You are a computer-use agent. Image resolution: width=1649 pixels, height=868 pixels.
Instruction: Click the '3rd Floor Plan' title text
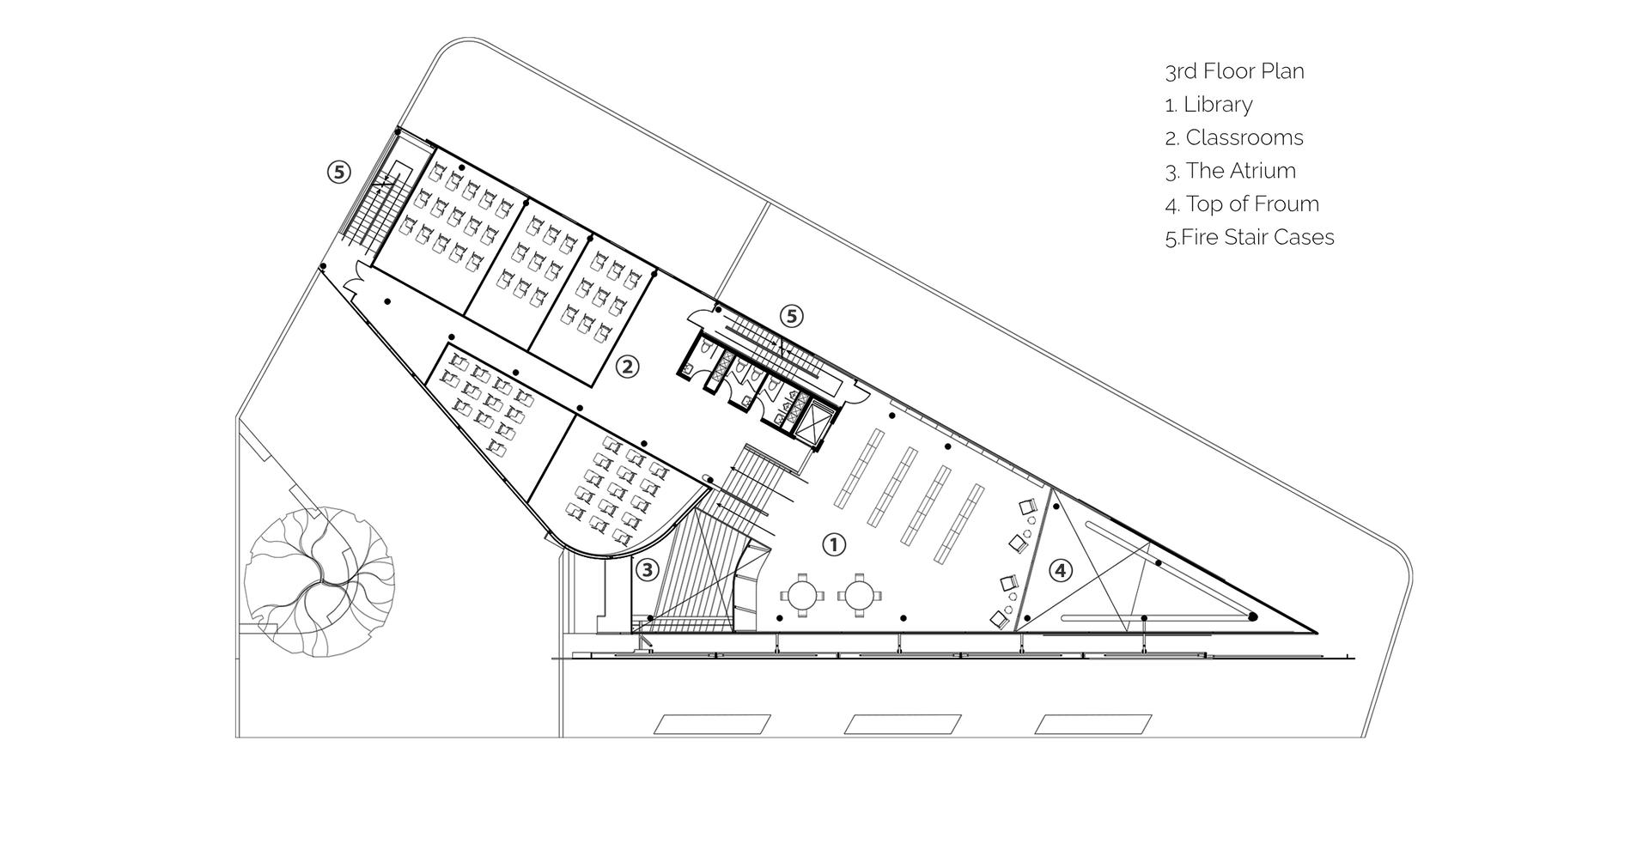1234,71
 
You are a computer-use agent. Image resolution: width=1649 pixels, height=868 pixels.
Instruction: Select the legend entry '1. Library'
1208,105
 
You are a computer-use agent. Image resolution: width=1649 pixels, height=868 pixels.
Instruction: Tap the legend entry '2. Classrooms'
1234,137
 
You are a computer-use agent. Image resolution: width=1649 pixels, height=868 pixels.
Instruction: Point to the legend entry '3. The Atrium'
1231,171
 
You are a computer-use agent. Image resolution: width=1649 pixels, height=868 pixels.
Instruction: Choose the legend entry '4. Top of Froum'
1242,204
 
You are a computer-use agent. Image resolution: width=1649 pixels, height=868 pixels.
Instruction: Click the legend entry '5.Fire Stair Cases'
1250,237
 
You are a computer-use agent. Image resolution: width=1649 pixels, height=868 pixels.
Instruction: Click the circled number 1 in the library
834,544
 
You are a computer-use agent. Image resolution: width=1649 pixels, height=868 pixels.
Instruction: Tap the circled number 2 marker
628,367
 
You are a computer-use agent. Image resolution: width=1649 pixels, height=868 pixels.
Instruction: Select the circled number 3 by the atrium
647,569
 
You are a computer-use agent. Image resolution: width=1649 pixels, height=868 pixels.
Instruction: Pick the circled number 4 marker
1062,570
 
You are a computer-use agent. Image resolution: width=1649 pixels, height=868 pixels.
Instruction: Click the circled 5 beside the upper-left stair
339,173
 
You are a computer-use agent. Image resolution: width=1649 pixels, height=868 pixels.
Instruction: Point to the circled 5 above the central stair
792,317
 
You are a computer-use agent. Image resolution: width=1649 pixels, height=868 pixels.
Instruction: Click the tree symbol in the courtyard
319,581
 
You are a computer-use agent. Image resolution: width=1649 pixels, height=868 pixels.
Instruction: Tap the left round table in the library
802,595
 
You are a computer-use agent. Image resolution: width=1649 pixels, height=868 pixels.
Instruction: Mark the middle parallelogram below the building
903,724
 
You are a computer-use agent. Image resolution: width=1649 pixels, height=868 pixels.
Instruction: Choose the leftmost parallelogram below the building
712,724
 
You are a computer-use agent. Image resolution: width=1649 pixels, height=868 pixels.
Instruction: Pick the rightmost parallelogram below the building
1093,724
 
